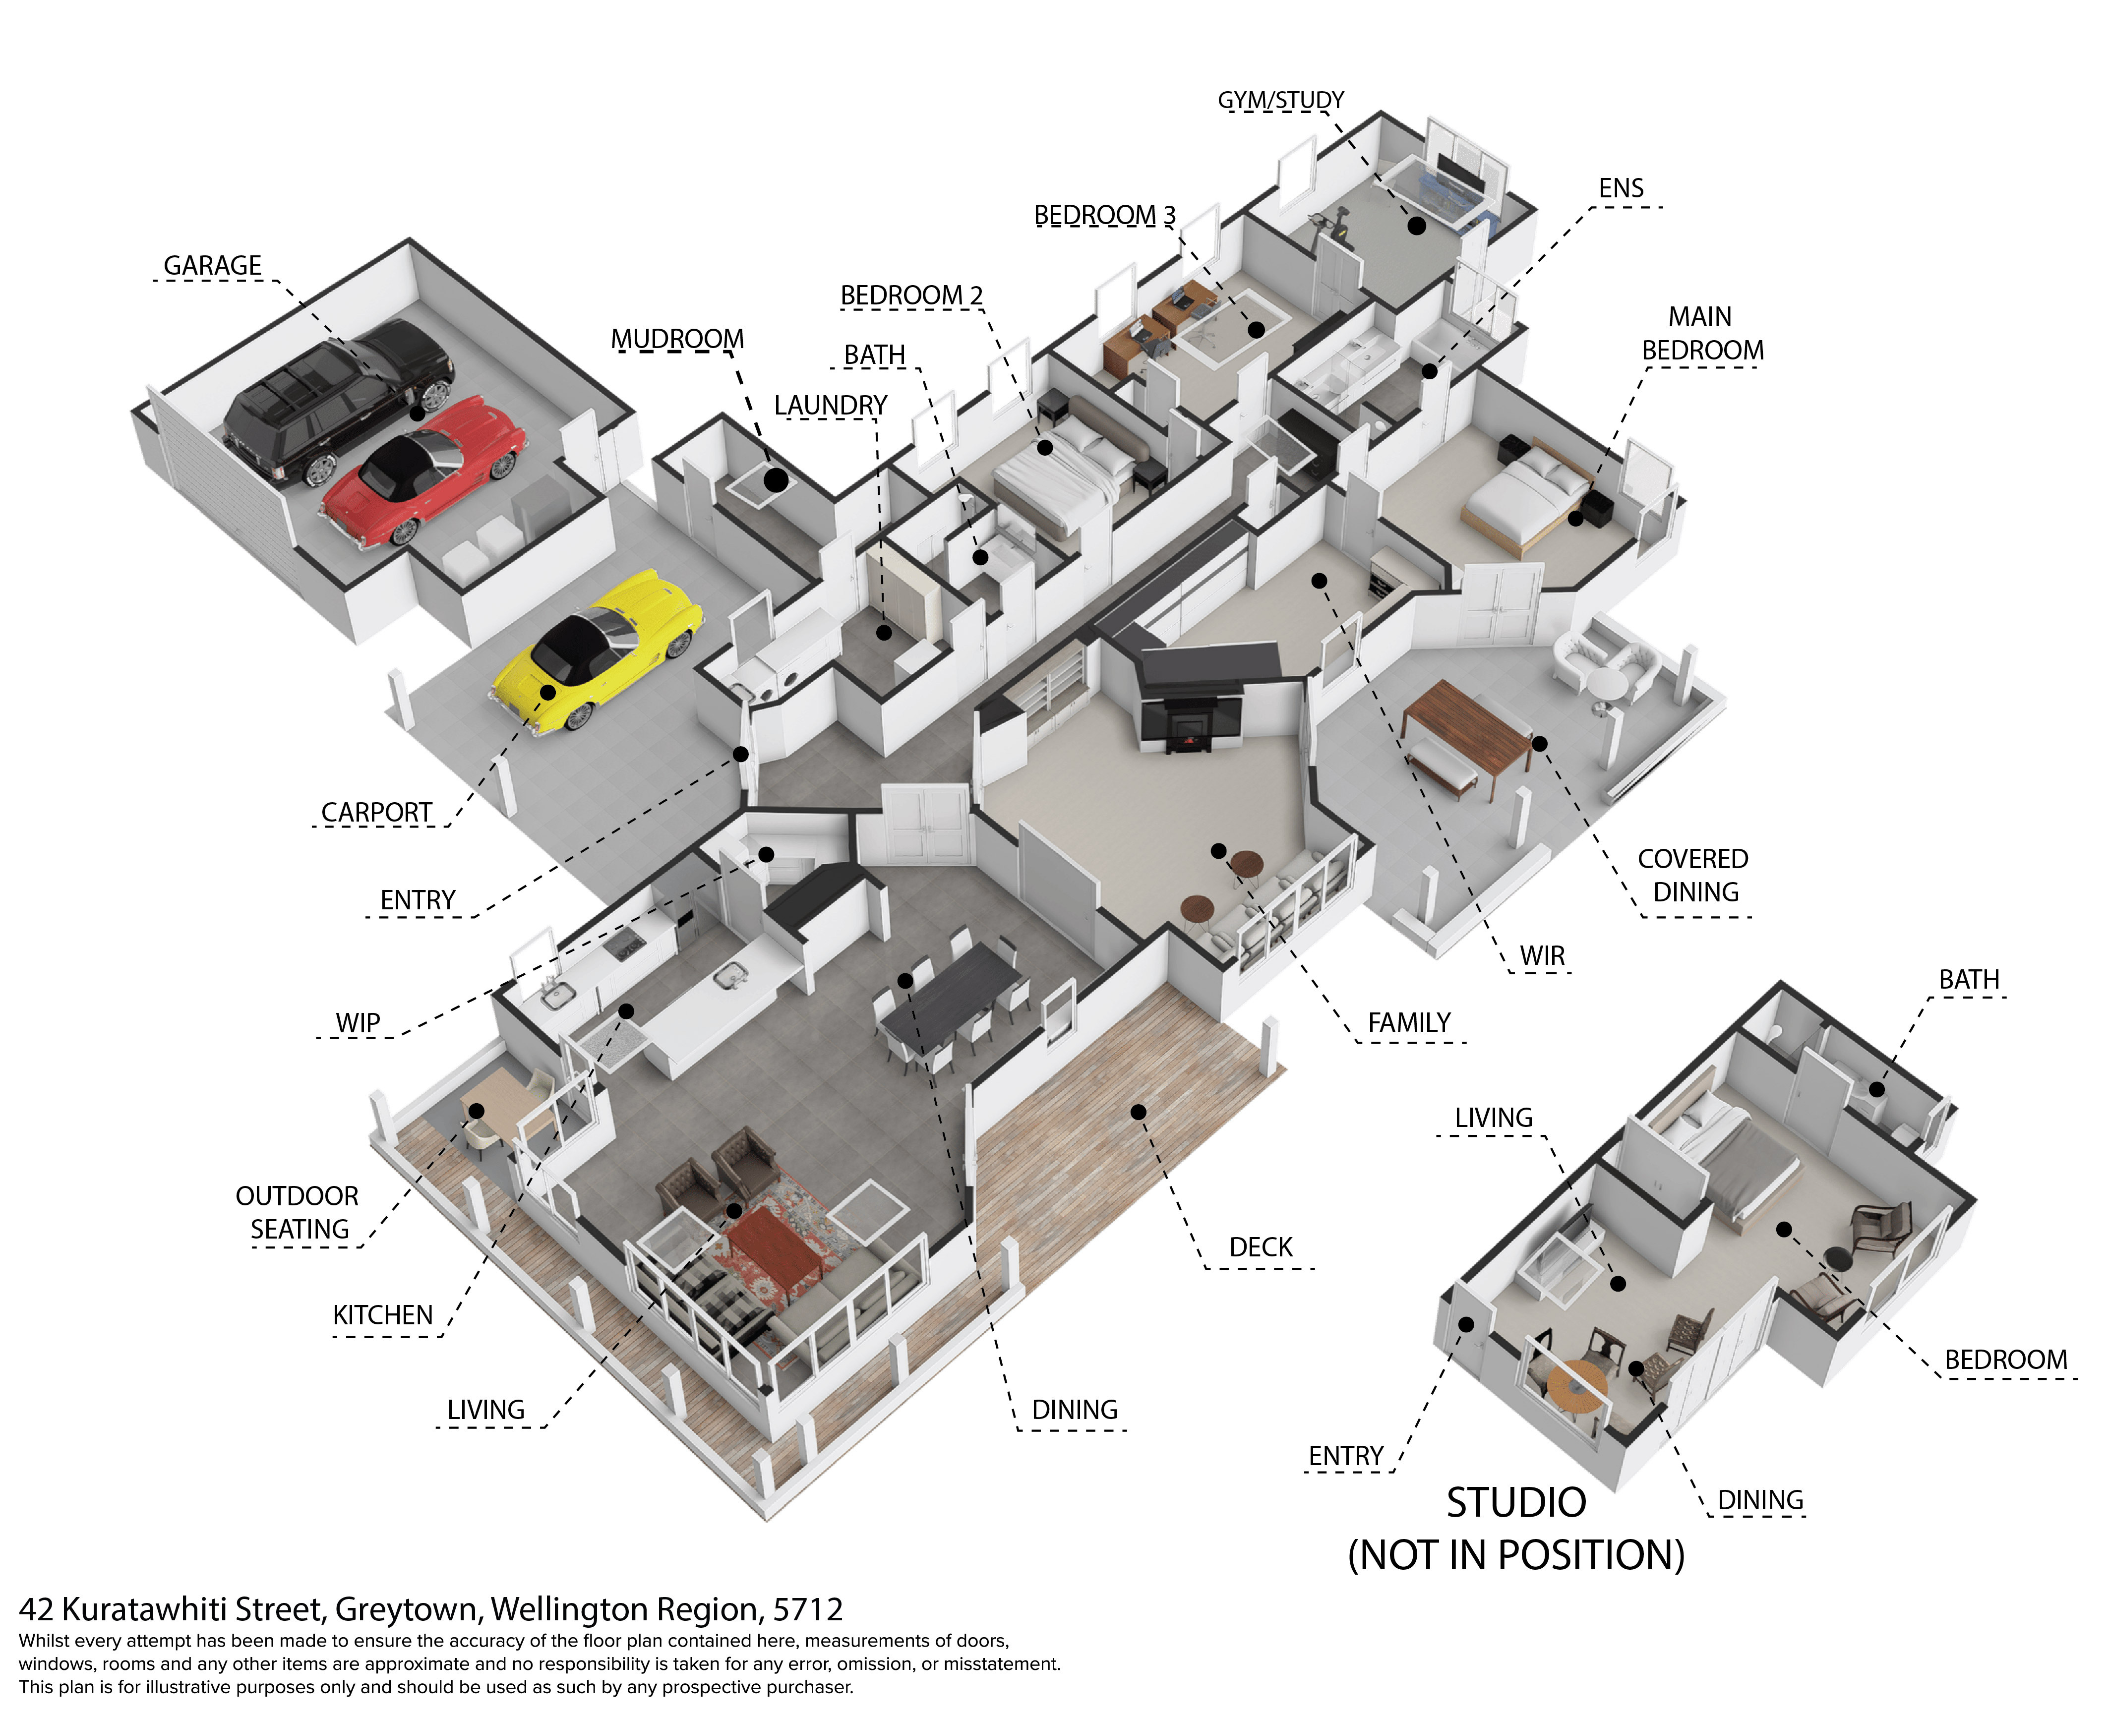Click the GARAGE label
[213, 266]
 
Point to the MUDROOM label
[677, 339]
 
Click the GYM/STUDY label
[1280, 100]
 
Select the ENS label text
[1621, 189]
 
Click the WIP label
[358, 1023]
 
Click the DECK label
[1261, 1247]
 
